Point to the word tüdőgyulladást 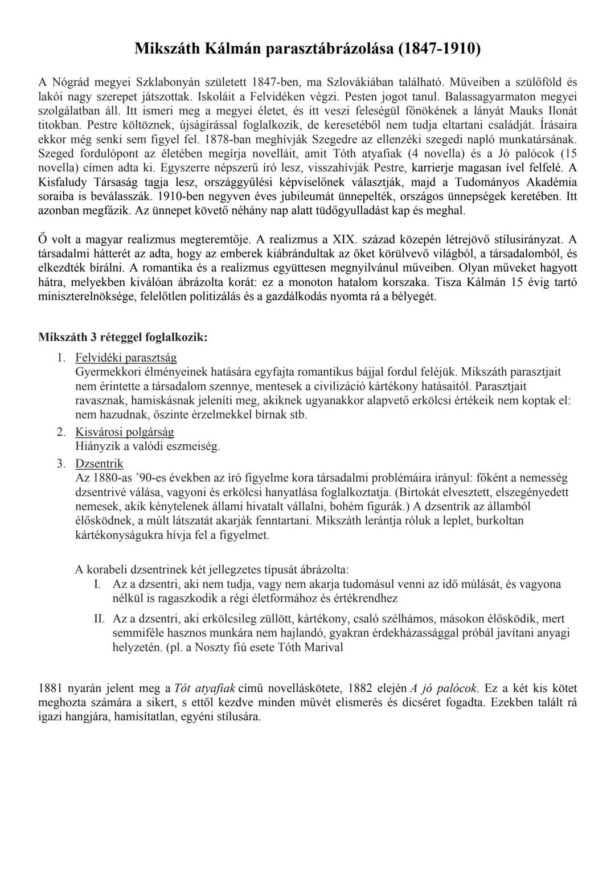331,211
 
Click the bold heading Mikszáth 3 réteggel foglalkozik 122,337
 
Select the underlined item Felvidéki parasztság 126,358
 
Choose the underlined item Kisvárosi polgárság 125,432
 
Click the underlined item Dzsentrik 99,464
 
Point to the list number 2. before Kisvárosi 61,432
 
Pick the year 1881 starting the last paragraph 50,688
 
